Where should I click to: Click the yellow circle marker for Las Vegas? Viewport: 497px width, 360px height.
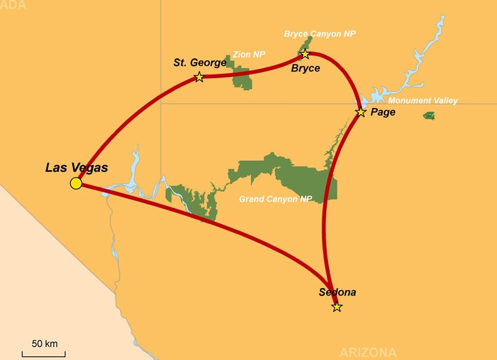[x=76, y=183]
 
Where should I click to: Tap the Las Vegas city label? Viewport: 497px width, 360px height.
[x=76, y=168]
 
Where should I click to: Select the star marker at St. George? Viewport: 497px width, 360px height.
[x=199, y=77]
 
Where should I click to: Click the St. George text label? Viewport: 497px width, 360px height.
[x=199, y=63]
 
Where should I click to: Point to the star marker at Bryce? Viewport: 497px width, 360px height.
[x=305, y=55]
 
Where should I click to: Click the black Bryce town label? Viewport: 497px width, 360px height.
[x=306, y=68]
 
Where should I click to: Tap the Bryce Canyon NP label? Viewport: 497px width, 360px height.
[x=320, y=34]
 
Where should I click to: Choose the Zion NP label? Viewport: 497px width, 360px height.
[x=248, y=55]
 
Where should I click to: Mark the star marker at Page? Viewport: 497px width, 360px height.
[x=360, y=112]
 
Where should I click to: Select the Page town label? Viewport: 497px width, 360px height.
[x=383, y=112]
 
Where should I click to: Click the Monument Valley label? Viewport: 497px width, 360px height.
[x=422, y=101]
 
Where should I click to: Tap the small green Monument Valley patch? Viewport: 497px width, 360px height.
[x=429, y=115]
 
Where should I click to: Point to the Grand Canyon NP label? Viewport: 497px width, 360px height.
[x=275, y=200]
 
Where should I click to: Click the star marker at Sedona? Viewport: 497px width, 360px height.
[x=337, y=307]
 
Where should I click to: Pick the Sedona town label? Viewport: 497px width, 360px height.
[x=337, y=292]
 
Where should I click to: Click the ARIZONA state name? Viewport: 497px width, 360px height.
[x=368, y=353]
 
